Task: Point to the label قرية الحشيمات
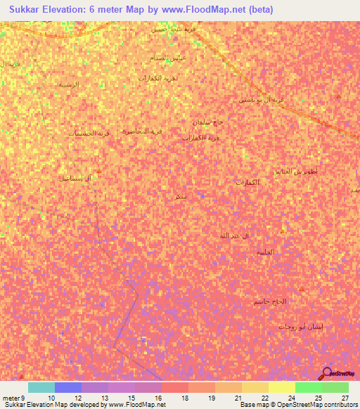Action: [90, 133]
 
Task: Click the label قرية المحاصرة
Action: [143, 131]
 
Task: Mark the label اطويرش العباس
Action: [295, 171]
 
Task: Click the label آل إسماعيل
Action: [76, 178]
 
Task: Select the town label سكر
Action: [181, 197]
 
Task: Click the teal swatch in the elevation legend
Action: [41, 387]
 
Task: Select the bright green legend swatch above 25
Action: [308, 387]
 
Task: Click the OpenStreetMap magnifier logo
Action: [326, 375]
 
